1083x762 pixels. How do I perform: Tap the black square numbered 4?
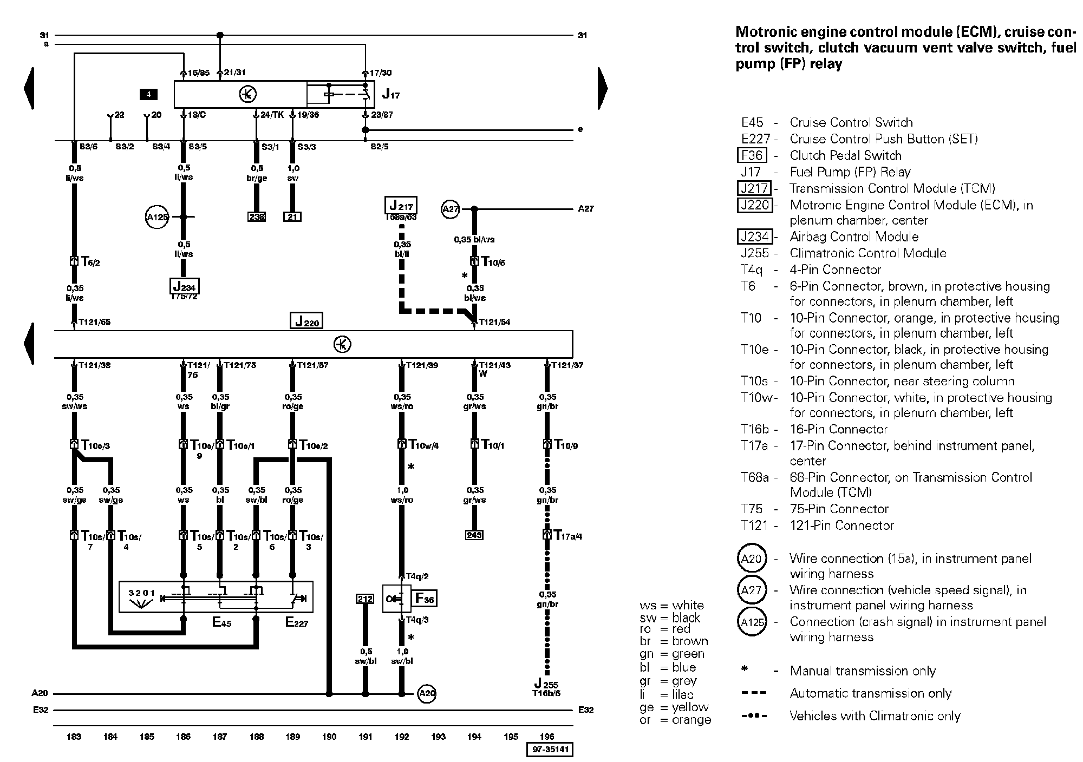[x=148, y=95]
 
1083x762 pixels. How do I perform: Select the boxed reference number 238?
[x=257, y=216]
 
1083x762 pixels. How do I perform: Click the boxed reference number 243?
[x=474, y=535]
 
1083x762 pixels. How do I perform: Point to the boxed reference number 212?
[x=365, y=599]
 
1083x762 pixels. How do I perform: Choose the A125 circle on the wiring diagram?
[x=158, y=217]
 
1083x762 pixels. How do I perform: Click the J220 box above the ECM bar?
[x=306, y=320]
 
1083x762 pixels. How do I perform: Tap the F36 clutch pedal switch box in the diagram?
[x=425, y=599]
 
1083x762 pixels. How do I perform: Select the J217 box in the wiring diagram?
[x=401, y=206]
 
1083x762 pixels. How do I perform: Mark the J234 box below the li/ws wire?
[x=184, y=286]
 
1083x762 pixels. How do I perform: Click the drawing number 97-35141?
[x=550, y=750]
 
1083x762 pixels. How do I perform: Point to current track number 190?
[x=329, y=736]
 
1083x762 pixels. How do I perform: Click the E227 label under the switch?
[x=296, y=622]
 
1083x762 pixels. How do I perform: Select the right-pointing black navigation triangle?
[x=603, y=88]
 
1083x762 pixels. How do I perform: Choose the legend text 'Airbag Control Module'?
[x=854, y=237]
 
